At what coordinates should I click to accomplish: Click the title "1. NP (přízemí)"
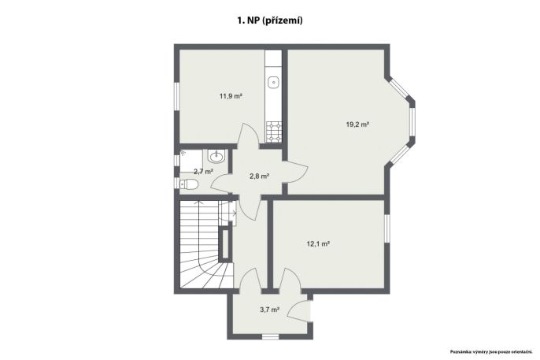pyautogui.click(x=270, y=20)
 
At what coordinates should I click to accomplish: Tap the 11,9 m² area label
pyautogui.click(x=231, y=96)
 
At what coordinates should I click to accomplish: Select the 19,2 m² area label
pyautogui.click(x=357, y=124)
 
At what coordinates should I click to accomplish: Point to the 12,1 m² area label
pyautogui.click(x=318, y=244)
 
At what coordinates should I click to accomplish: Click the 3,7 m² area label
pyautogui.click(x=269, y=310)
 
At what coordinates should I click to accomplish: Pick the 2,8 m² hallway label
pyautogui.click(x=259, y=176)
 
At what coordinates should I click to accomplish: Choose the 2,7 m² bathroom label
pyautogui.click(x=203, y=171)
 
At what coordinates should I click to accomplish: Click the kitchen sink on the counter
pyautogui.click(x=274, y=83)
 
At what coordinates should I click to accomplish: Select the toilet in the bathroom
pyautogui.click(x=188, y=184)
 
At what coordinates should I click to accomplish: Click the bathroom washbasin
pyautogui.click(x=216, y=157)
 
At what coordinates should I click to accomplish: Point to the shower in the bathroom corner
pyautogui.click(x=190, y=161)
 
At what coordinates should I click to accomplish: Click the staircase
pyautogui.click(x=206, y=244)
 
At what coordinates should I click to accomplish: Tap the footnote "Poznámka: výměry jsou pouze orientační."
pyautogui.click(x=491, y=352)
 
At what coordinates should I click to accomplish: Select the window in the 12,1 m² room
pyautogui.click(x=387, y=228)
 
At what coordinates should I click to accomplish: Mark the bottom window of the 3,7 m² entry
pyautogui.click(x=270, y=337)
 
